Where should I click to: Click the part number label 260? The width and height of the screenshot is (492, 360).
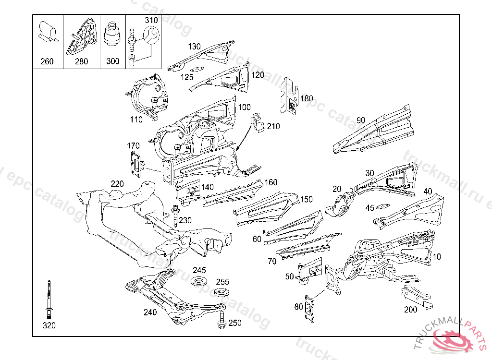47,61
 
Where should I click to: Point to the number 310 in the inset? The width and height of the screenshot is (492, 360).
151,20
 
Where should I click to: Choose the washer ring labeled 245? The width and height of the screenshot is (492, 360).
198,281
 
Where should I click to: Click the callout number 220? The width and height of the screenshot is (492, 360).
117,184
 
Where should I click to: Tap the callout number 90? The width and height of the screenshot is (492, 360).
361,120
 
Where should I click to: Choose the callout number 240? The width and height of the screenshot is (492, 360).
150,312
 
